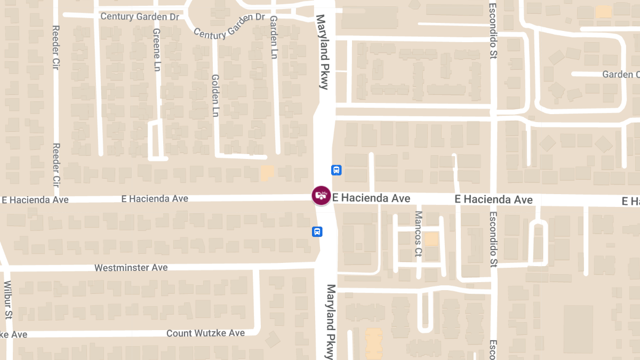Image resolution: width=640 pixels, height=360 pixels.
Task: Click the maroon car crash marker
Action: pyautogui.click(x=321, y=195)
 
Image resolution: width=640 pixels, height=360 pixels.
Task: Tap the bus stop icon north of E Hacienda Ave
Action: pyautogui.click(x=337, y=170)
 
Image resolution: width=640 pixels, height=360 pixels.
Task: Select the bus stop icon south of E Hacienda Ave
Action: pyautogui.click(x=317, y=231)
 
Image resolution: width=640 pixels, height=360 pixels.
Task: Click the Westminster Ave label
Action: pyautogui.click(x=131, y=267)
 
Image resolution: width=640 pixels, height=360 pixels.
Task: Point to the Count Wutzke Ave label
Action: pyautogui.click(x=205, y=333)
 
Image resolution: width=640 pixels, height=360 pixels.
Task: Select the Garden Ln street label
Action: pyautogui.click(x=274, y=37)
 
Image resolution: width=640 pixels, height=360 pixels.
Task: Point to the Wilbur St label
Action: pyautogui.click(x=7, y=299)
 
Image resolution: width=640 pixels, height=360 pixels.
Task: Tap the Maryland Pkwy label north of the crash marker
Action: pyautogui.click(x=323, y=51)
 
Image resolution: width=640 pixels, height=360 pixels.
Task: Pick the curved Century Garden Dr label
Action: pyautogui.click(x=229, y=26)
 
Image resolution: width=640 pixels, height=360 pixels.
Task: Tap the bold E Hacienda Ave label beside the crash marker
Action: pyautogui.click(x=371, y=198)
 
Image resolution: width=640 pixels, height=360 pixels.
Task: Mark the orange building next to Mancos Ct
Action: pyautogui.click(x=431, y=239)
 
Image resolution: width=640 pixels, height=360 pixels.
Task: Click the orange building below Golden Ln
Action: pyautogui.click(x=267, y=172)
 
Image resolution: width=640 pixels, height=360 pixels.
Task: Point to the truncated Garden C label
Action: pyautogui.click(x=620, y=74)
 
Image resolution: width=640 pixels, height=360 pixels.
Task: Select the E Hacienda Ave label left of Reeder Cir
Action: pyautogui.click(x=35, y=200)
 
